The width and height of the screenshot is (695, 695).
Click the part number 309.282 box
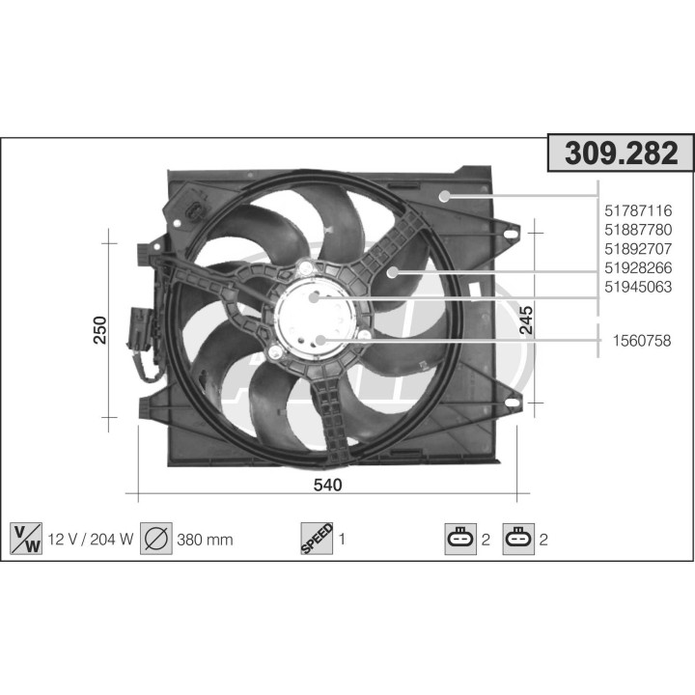621,153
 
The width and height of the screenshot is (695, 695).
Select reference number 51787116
637,210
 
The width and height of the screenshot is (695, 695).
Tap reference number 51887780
637,230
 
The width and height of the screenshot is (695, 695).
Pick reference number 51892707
637,249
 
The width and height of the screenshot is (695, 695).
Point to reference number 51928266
637,268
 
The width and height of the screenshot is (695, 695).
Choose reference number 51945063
637,288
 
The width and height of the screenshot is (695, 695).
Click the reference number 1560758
641,340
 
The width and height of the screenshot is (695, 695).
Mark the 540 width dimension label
328,485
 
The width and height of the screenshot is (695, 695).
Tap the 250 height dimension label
98,329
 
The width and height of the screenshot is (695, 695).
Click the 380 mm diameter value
205,540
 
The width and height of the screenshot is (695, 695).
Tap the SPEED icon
317,539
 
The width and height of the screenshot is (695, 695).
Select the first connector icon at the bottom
459,539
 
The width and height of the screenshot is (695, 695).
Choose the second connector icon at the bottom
518,539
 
